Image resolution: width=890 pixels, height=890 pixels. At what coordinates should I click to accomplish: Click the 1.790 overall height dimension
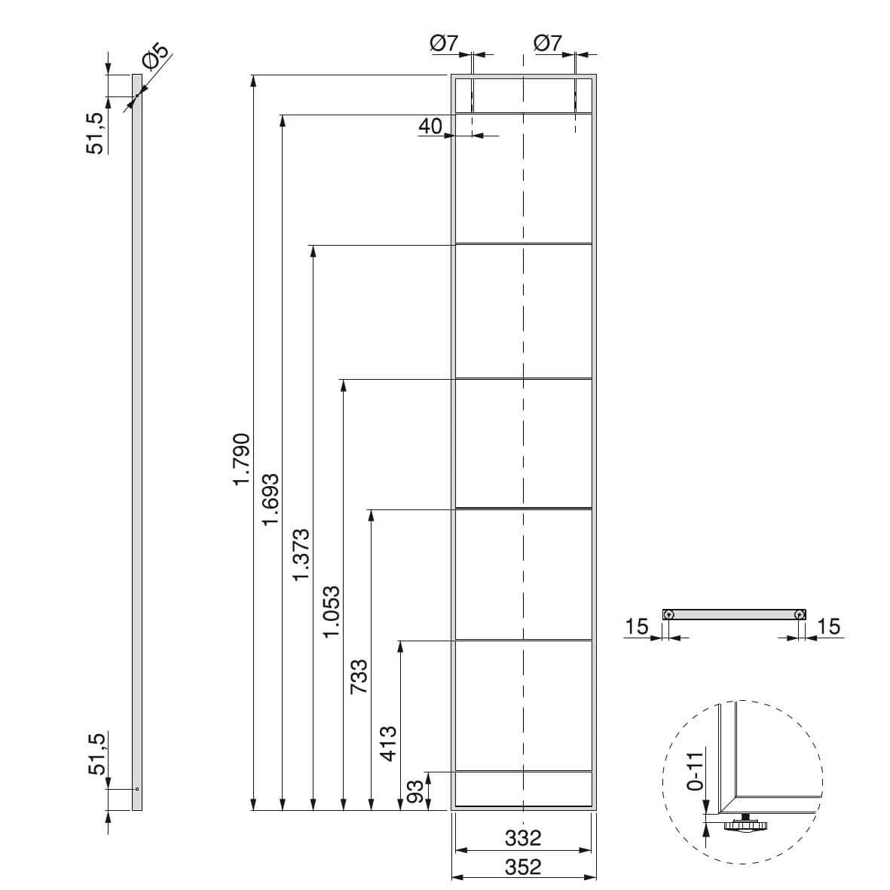tap(242, 459)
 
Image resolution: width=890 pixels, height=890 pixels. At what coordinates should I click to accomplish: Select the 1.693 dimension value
tap(271, 499)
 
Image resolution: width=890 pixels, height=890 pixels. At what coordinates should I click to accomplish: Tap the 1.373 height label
tap(301, 554)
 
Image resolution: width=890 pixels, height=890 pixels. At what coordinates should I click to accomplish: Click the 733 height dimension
tap(359, 676)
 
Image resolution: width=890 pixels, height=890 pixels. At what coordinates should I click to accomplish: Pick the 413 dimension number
tap(389, 743)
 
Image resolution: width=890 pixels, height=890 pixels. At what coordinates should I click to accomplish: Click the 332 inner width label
tap(523, 837)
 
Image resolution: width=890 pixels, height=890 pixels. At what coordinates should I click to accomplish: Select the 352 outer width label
tap(523, 867)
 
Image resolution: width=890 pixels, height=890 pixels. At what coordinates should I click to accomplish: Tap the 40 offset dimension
tap(430, 126)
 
